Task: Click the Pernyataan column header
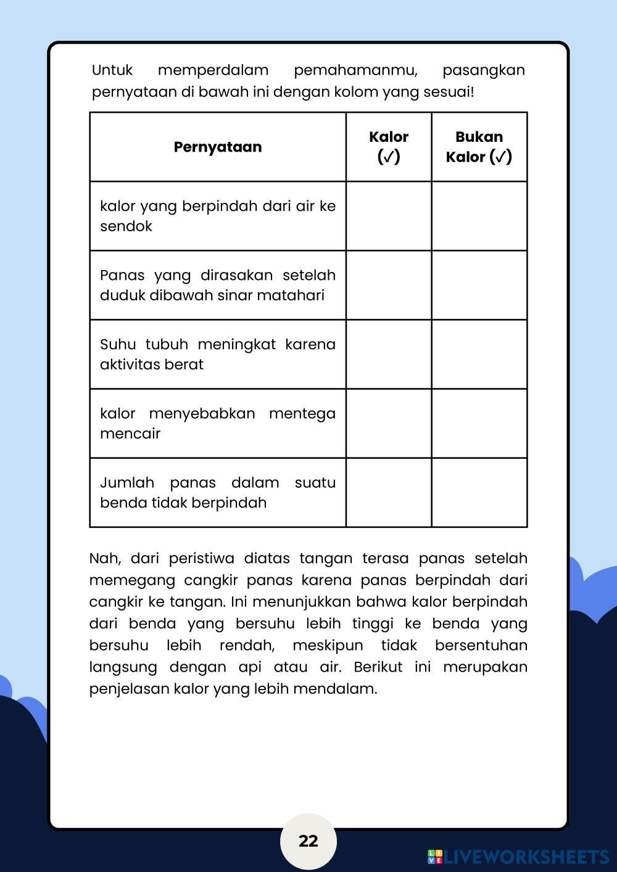click(x=218, y=147)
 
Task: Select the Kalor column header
click(x=389, y=146)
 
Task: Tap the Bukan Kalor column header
click(x=479, y=146)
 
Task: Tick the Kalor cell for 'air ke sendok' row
click(x=389, y=216)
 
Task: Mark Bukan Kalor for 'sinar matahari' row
click(x=479, y=285)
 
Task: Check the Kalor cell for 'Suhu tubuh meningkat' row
click(x=389, y=354)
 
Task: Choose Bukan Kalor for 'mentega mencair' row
click(x=479, y=423)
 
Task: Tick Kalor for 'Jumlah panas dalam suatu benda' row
click(x=389, y=492)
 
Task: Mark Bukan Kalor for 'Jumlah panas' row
click(x=479, y=492)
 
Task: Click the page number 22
click(x=308, y=841)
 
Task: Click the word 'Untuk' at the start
click(x=112, y=70)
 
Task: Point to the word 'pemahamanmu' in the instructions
click(x=355, y=70)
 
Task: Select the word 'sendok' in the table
click(x=126, y=226)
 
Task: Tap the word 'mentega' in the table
click(x=302, y=413)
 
